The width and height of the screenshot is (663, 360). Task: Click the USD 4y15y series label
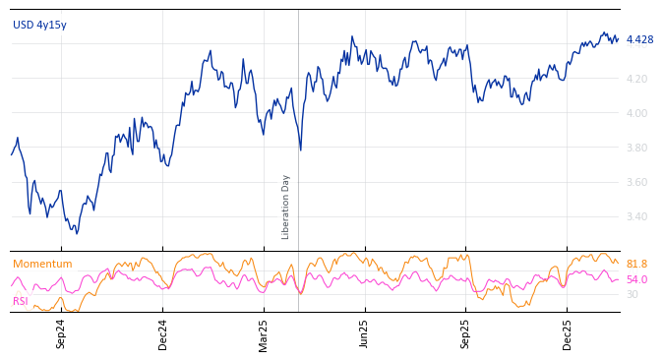pyautogui.click(x=39, y=26)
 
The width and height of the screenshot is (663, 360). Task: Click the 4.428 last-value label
pyautogui.click(x=639, y=40)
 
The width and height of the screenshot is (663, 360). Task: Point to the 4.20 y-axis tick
pyautogui.click(x=636, y=79)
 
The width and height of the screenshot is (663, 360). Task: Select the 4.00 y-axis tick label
pyautogui.click(x=636, y=113)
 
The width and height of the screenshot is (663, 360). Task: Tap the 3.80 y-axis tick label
pyautogui.click(x=636, y=148)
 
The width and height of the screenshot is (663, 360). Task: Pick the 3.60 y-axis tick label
pyautogui.click(x=636, y=182)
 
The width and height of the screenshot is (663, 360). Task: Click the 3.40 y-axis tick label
pyautogui.click(x=636, y=216)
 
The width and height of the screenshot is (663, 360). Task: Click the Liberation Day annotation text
pyautogui.click(x=286, y=207)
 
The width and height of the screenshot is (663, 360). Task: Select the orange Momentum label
pyautogui.click(x=42, y=265)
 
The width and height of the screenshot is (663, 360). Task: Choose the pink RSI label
pyautogui.click(x=21, y=301)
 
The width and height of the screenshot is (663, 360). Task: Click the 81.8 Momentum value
pyautogui.click(x=636, y=265)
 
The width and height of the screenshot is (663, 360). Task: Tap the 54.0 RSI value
pyautogui.click(x=636, y=280)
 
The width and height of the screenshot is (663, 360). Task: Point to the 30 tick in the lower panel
pyautogui.click(x=633, y=294)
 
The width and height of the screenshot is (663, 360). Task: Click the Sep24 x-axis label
pyautogui.click(x=61, y=333)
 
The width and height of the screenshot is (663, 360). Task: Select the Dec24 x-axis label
pyautogui.click(x=163, y=333)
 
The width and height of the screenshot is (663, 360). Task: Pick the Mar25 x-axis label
pyautogui.click(x=264, y=333)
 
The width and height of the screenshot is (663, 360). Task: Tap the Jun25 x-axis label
pyautogui.click(x=364, y=333)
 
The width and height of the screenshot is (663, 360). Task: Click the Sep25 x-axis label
pyautogui.click(x=466, y=333)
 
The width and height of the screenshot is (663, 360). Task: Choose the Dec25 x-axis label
pyautogui.click(x=568, y=333)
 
